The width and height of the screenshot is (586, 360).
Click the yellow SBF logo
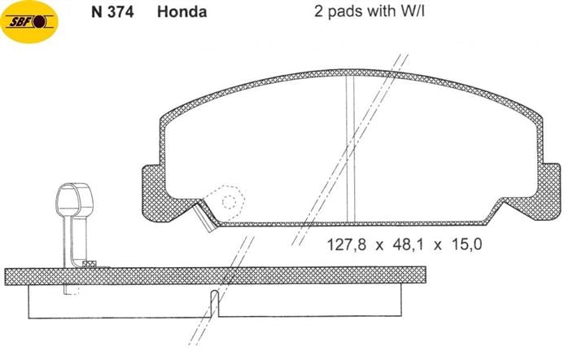pyautogui.click(x=29, y=22)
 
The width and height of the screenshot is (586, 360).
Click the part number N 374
pyautogui.click(x=112, y=12)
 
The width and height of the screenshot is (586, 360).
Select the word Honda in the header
pyautogui.click(x=182, y=12)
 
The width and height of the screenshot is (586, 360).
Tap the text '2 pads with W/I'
pyautogui.click(x=370, y=11)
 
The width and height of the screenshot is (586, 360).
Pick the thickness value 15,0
pyautogui.click(x=467, y=245)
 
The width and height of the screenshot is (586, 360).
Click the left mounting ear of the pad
pyautogui.click(x=154, y=192)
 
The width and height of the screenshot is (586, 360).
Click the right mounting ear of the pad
pyautogui.click(x=550, y=191)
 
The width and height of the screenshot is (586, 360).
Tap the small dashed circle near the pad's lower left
pyautogui.click(x=229, y=202)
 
